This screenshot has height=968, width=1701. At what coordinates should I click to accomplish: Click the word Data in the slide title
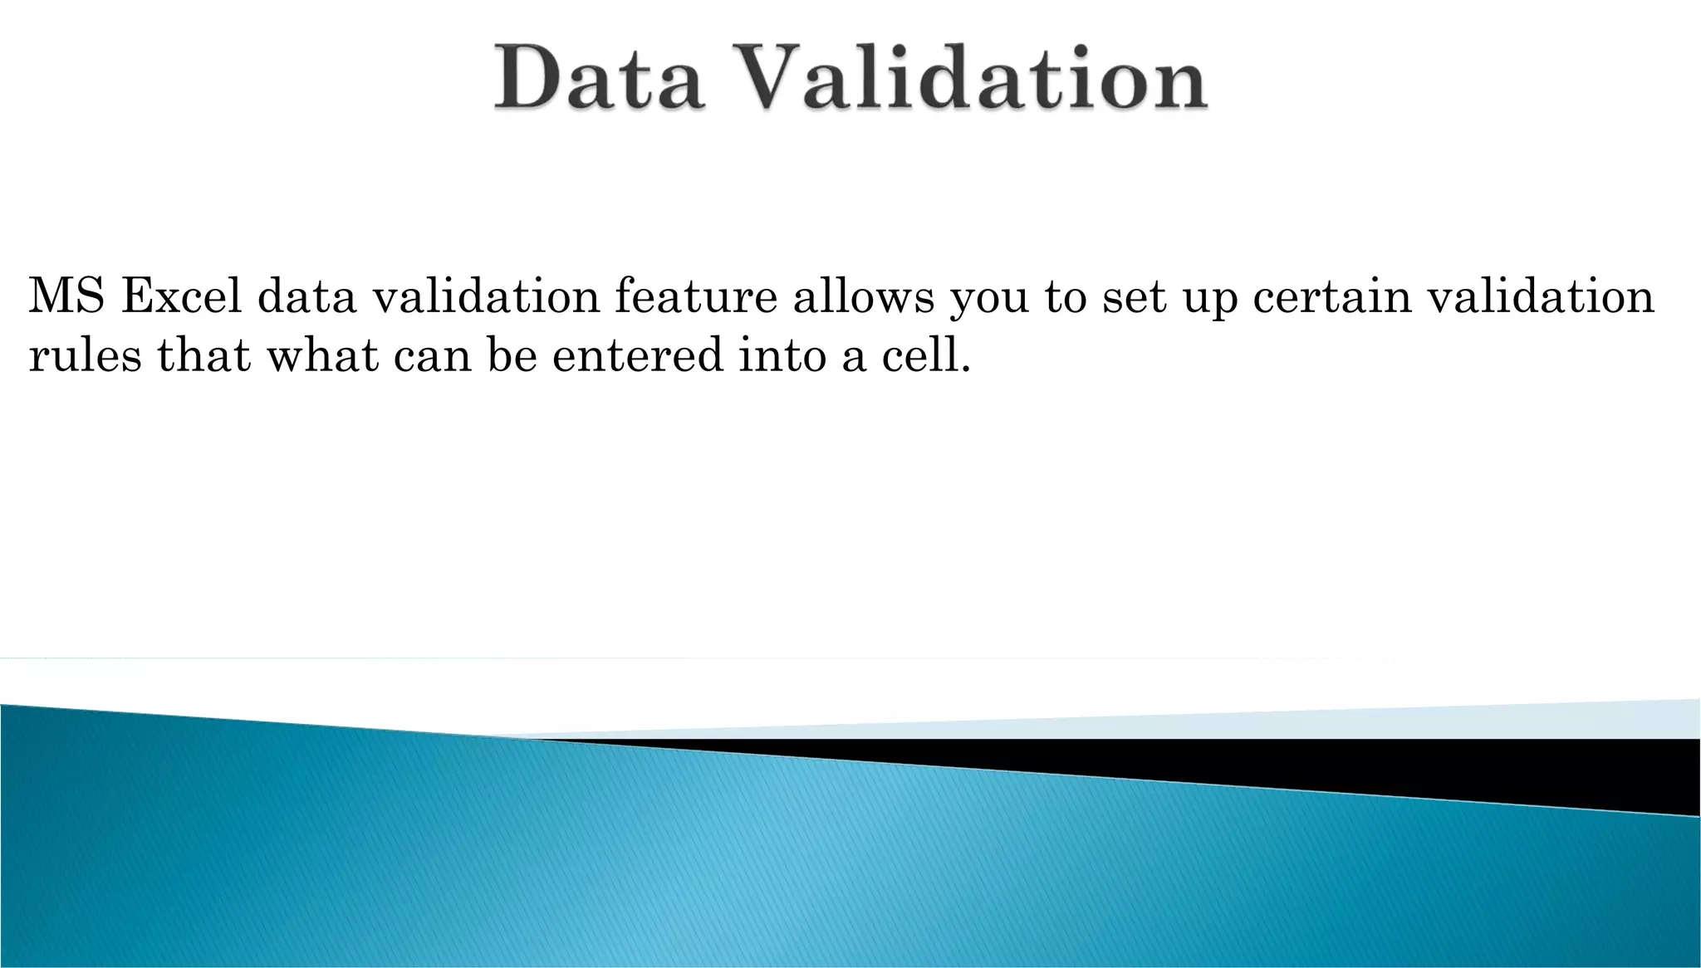pos(600,79)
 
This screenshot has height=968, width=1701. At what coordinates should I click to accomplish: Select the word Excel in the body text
pos(181,296)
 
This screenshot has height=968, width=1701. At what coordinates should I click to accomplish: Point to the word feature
pos(696,296)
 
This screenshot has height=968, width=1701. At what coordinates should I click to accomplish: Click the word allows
pos(864,296)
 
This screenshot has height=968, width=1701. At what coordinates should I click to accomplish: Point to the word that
pos(203,355)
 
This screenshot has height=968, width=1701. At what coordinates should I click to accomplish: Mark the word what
pos(321,355)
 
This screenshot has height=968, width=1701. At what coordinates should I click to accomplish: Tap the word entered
pos(637,355)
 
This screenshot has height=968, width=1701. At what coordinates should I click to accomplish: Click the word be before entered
pos(512,355)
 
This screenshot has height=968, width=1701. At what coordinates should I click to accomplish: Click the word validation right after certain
pos(1541,296)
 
